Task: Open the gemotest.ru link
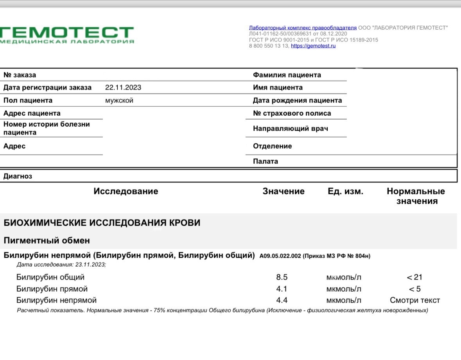(313, 46)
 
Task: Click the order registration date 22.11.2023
(123, 88)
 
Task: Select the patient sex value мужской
(119, 100)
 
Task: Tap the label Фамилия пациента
(287, 75)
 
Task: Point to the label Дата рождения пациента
(297, 100)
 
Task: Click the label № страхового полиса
(292, 113)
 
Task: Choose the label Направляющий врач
(290, 128)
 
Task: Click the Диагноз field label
(18, 176)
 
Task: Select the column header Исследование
(126, 191)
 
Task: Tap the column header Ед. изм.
(345, 192)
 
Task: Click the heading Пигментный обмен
(47, 240)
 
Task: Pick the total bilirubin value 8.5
(282, 278)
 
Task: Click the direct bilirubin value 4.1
(282, 289)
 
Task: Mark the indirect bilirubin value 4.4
(282, 301)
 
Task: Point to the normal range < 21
(414, 278)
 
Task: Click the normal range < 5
(414, 289)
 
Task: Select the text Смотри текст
(414, 301)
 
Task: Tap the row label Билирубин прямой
(52, 289)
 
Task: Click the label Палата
(265, 161)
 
